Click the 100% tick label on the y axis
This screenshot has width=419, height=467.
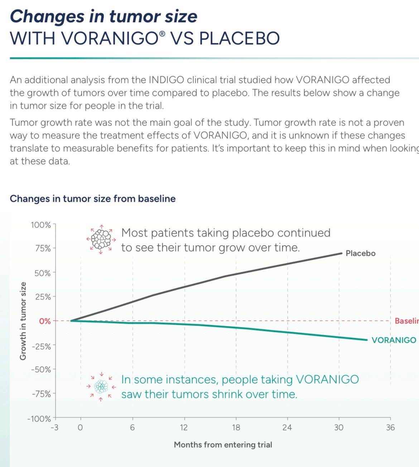(41, 225)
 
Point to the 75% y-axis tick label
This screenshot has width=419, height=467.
(43, 248)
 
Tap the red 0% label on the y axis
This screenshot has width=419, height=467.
(45, 321)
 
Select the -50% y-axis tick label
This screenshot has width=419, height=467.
(41, 370)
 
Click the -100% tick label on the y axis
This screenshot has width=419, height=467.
(39, 418)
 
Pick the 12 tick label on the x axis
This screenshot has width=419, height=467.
(184, 428)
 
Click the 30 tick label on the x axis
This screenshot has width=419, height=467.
(339, 428)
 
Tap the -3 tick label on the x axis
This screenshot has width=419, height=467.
(55, 428)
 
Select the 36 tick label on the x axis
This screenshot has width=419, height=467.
(390, 428)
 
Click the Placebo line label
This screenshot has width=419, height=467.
(361, 254)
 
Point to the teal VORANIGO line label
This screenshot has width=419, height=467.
(394, 340)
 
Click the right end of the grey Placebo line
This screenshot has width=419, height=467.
(342, 253)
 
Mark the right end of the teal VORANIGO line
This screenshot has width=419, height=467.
(367, 340)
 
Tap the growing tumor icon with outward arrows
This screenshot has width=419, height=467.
(101, 239)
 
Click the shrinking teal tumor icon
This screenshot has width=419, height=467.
(101, 386)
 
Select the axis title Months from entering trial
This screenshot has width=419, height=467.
(223, 445)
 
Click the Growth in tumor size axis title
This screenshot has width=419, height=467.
(23, 321)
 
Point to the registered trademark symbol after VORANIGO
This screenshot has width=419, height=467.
(162, 34)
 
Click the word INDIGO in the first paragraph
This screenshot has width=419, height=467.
(167, 80)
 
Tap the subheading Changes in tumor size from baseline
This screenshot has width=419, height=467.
(93, 199)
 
